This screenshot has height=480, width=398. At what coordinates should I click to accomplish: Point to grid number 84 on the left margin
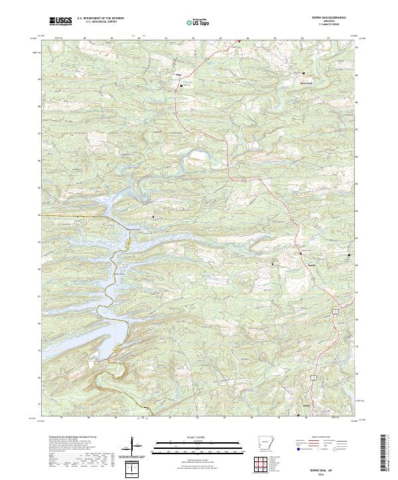[39, 215]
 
